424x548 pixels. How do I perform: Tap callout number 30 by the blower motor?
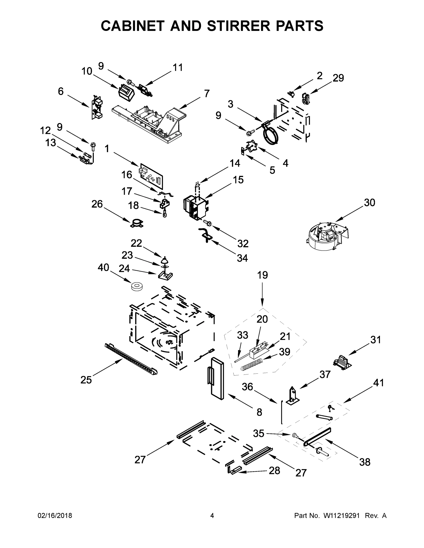pyautogui.click(x=370, y=203)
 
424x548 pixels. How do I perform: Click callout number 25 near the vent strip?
pyautogui.click(x=86, y=380)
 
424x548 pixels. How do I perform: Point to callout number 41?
pyautogui.click(x=378, y=383)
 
